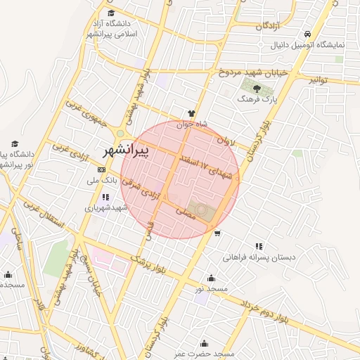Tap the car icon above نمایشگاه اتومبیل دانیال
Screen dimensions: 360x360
(x=307, y=34)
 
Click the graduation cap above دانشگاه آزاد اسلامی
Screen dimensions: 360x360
(x=111, y=13)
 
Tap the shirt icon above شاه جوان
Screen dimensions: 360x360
(x=191, y=113)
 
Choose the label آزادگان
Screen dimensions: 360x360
(x=269, y=26)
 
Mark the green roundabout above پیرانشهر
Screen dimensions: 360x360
(x=121, y=134)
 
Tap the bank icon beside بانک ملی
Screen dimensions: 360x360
(x=102, y=169)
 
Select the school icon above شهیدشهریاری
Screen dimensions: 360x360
(x=105, y=198)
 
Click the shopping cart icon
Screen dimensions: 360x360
(x=218, y=233)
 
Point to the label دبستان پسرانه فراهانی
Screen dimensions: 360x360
(x=259, y=257)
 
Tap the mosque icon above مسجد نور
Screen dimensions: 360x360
(x=212, y=278)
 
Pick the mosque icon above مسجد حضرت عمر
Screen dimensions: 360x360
(x=205, y=343)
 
